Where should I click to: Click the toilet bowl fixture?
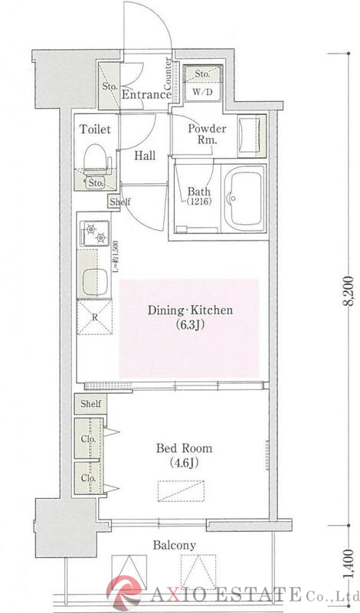coord(96,160)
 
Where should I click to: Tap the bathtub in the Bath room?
coord(244,198)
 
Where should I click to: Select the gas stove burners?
coord(95,233)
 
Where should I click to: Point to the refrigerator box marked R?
coord(94,317)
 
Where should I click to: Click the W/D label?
coord(202,93)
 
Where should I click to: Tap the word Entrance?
coord(146,94)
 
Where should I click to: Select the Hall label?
coord(145,156)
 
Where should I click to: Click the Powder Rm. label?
coord(207,133)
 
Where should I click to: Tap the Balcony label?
coord(175,545)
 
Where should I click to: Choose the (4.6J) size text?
coord(184,463)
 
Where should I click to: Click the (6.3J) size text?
coord(190,325)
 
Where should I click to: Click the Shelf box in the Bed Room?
coord(90,404)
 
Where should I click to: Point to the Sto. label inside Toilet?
coord(96,182)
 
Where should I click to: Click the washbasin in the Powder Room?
coord(252,135)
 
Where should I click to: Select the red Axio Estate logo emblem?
coord(125,594)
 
